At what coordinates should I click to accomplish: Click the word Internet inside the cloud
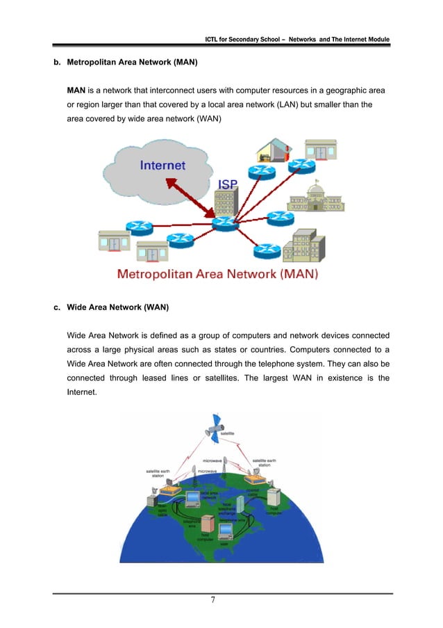[163, 166]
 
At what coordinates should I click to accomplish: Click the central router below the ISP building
[226, 223]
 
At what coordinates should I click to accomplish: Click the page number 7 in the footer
[221, 604]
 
